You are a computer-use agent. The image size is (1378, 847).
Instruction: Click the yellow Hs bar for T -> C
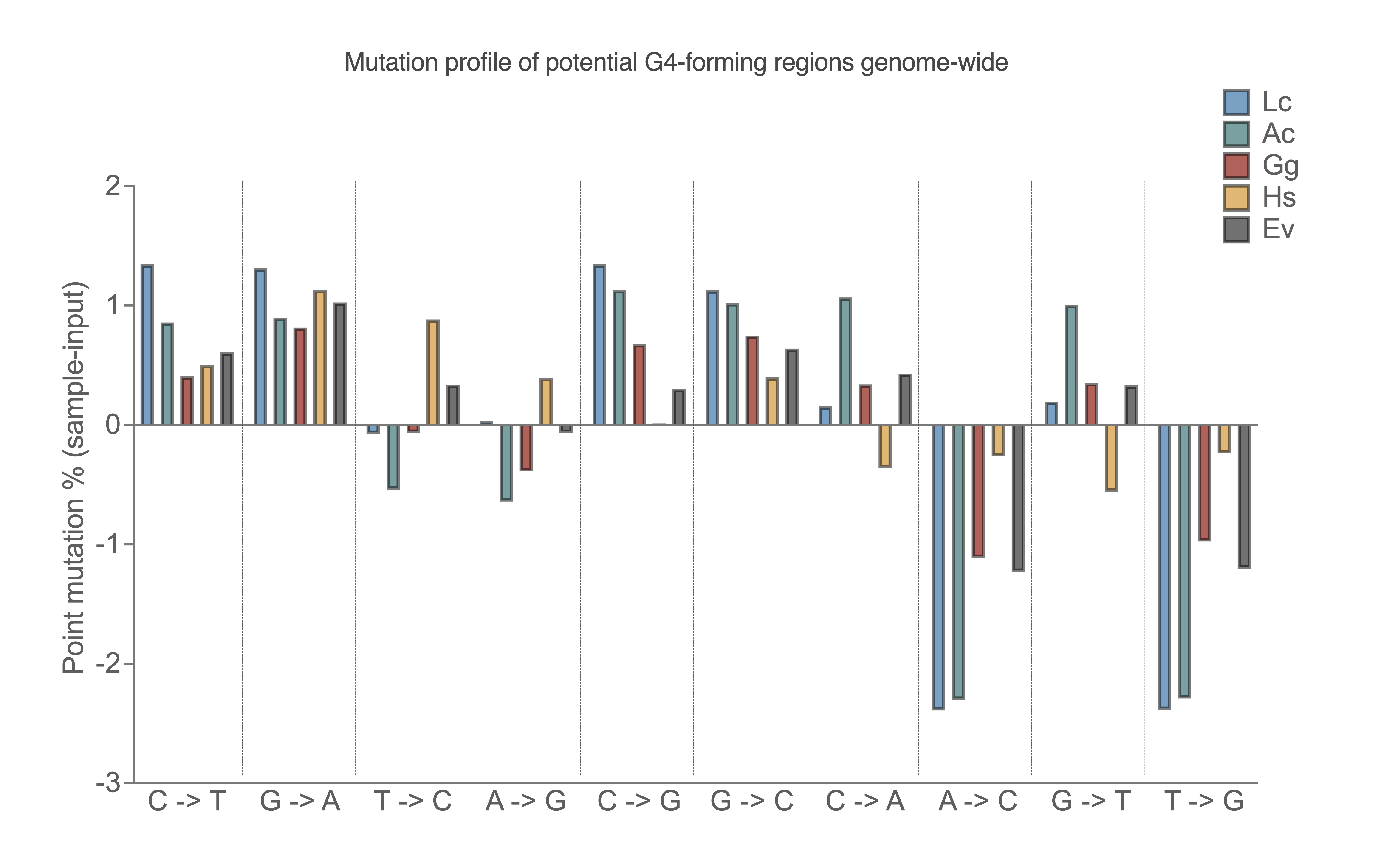click(x=433, y=373)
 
